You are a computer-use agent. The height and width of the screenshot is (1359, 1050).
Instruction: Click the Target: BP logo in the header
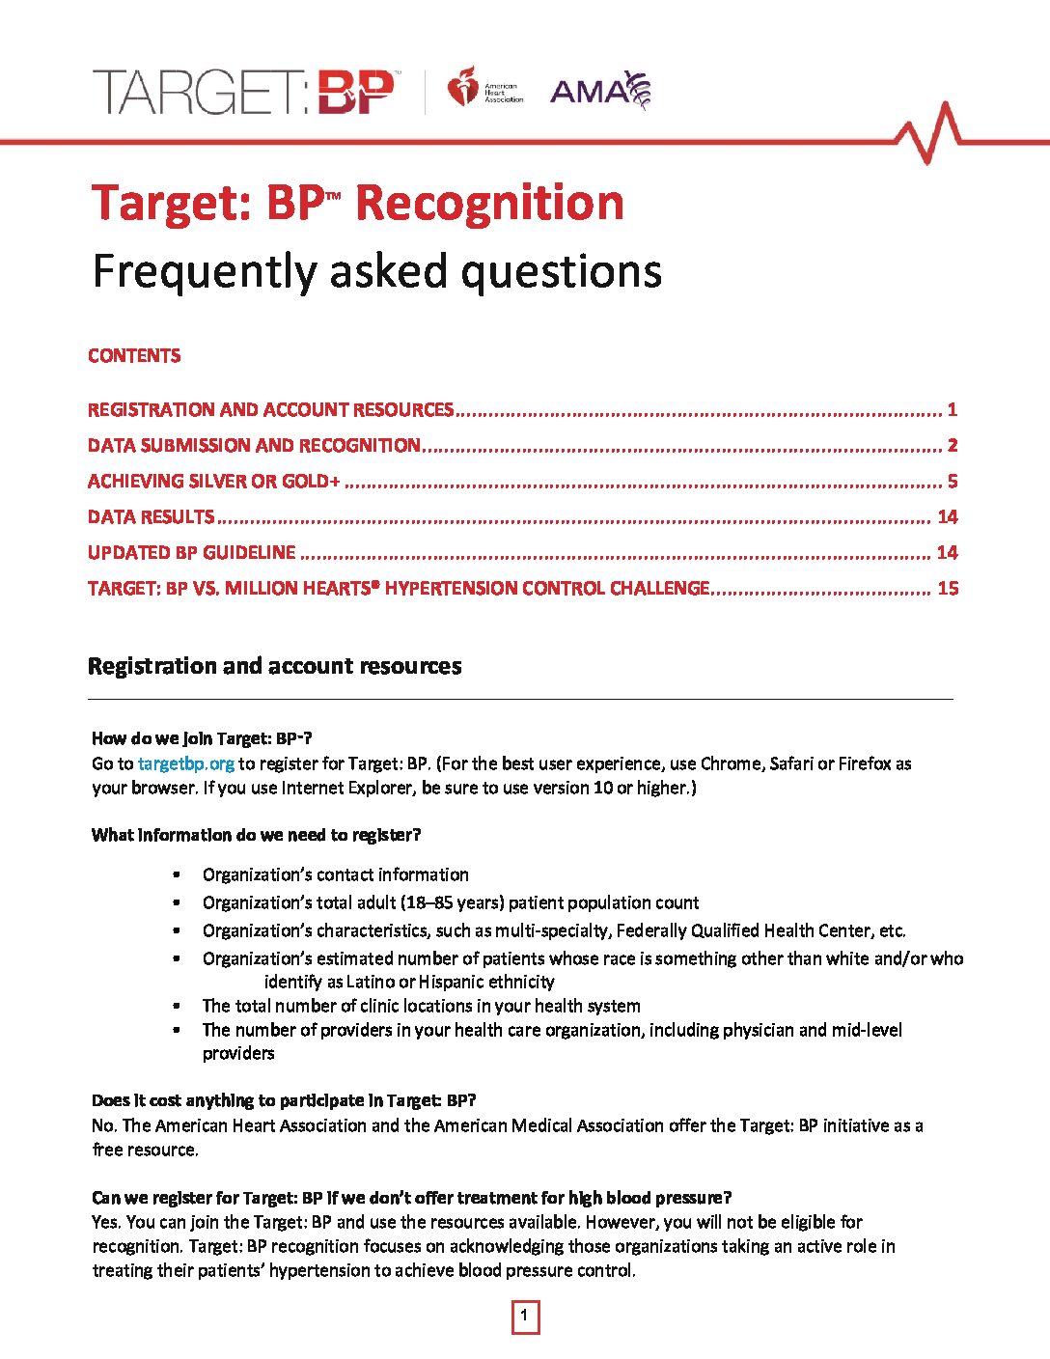[243, 93]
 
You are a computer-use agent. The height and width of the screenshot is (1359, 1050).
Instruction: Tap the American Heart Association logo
[484, 89]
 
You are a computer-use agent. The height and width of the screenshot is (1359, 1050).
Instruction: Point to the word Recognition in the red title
[489, 204]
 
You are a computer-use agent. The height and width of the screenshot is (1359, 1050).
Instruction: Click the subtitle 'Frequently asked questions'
[376, 271]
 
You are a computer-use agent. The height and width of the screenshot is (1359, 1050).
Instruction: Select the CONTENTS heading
[134, 356]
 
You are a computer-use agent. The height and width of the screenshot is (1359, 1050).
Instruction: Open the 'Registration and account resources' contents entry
[270, 410]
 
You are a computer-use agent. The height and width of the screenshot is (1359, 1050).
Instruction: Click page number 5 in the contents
[952, 482]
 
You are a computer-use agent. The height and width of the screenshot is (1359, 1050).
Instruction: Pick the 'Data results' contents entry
[152, 517]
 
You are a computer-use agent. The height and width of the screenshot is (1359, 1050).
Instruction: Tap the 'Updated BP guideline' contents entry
[192, 553]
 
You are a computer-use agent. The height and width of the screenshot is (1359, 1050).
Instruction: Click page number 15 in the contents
[948, 589]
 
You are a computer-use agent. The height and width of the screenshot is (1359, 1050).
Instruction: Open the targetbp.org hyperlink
[186, 763]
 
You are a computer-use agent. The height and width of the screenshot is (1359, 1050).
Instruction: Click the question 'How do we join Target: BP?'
[202, 739]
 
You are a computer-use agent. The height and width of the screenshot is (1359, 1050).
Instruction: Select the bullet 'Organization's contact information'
[335, 874]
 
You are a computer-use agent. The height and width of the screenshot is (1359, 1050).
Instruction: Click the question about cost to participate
[284, 1100]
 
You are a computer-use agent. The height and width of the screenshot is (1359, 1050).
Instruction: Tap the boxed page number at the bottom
[525, 1317]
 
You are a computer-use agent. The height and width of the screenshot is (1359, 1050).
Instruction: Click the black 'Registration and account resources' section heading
[274, 666]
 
